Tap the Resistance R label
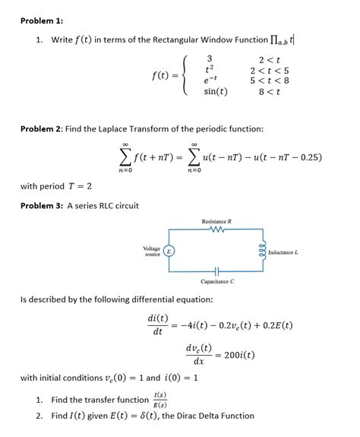click(216, 220)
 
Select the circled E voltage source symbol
click(171, 250)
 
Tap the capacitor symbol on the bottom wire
click(216, 272)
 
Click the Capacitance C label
click(216, 282)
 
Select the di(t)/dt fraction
click(158, 325)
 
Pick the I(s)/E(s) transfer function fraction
click(160, 399)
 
